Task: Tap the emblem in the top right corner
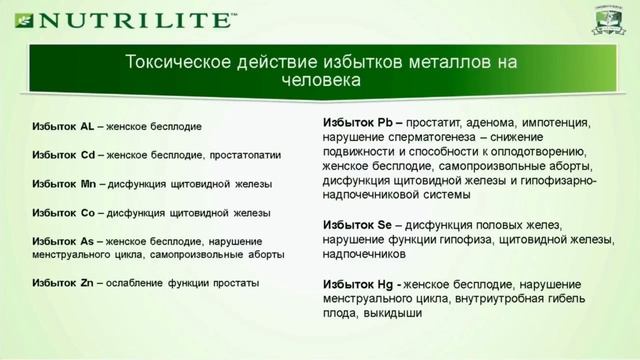click(612, 19)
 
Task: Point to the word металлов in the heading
click(431, 62)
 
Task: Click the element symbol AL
click(87, 127)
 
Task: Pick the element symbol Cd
click(87, 156)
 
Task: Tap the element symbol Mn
click(88, 185)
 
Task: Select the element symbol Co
click(88, 213)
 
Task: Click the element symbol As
click(88, 242)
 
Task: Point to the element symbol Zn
click(87, 283)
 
